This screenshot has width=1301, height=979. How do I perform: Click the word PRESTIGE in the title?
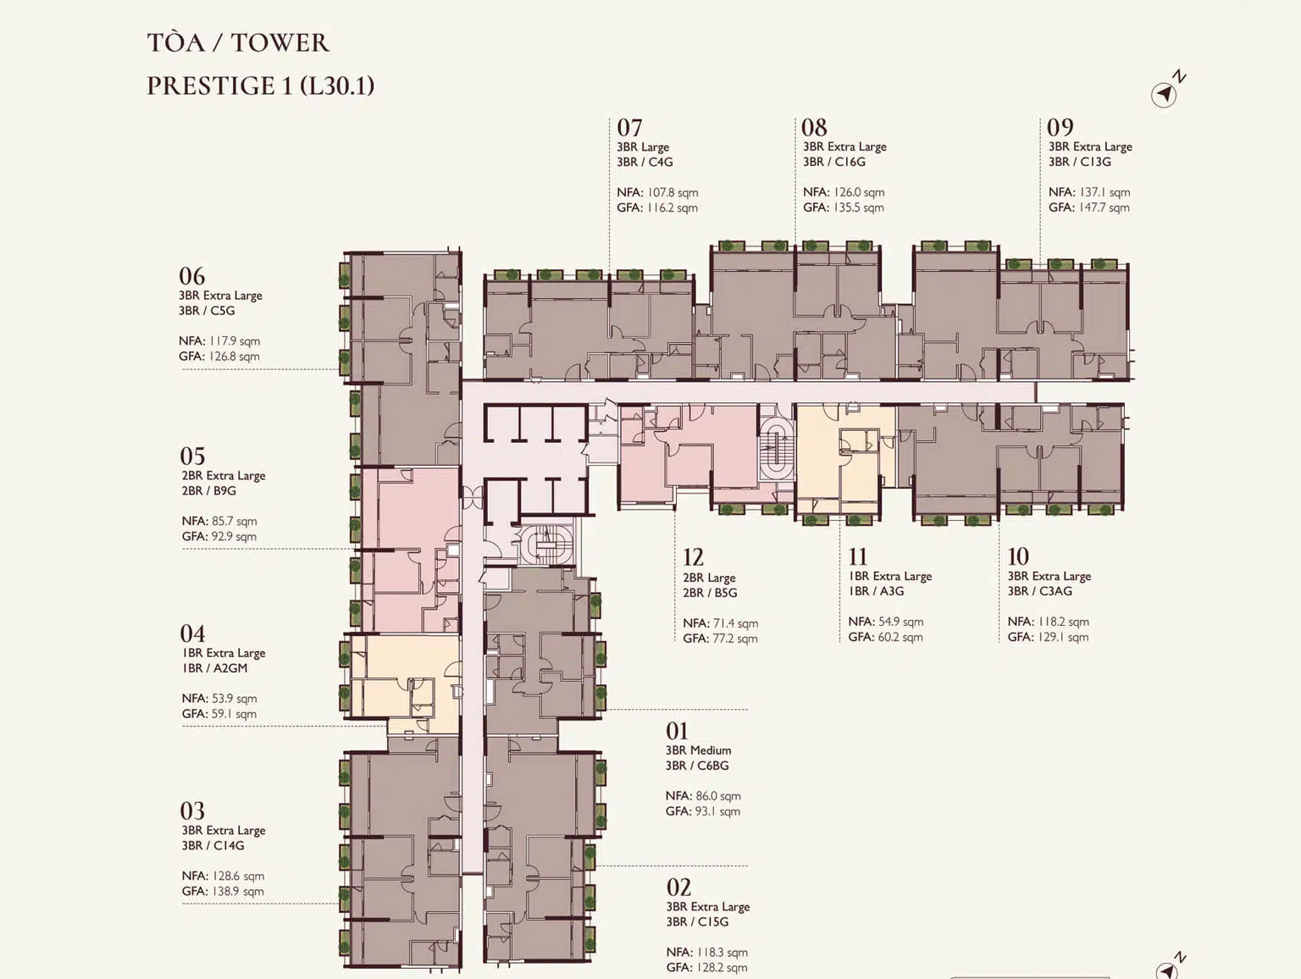point(211,86)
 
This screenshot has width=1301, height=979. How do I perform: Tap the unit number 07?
point(629,127)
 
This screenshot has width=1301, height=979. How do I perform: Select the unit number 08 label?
point(814,127)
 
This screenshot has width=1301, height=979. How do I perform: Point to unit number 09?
point(1060,127)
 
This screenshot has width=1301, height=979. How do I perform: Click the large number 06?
point(192,276)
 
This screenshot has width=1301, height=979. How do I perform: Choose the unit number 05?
point(192,456)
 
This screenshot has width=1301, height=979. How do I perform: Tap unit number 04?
point(192,633)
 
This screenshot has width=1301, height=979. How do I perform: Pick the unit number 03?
point(192,810)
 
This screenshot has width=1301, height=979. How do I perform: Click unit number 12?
point(693,557)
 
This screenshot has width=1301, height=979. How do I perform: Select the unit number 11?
point(858,556)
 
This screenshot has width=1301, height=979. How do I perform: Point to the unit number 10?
point(1018,556)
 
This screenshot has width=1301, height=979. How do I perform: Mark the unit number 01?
point(677,731)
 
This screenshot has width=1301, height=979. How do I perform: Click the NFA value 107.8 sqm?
point(673,192)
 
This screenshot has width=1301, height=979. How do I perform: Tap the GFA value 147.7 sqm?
point(1104,207)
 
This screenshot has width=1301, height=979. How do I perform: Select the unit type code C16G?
point(850,162)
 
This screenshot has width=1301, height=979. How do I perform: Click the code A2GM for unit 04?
point(230,668)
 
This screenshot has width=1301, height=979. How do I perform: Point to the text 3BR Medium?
point(698,750)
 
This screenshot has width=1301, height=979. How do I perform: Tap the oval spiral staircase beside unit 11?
point(777,449)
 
